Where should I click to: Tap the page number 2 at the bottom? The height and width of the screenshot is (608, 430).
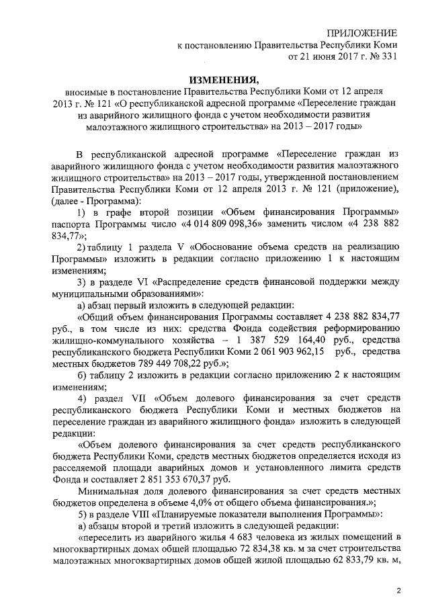(x=398, y=591)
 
